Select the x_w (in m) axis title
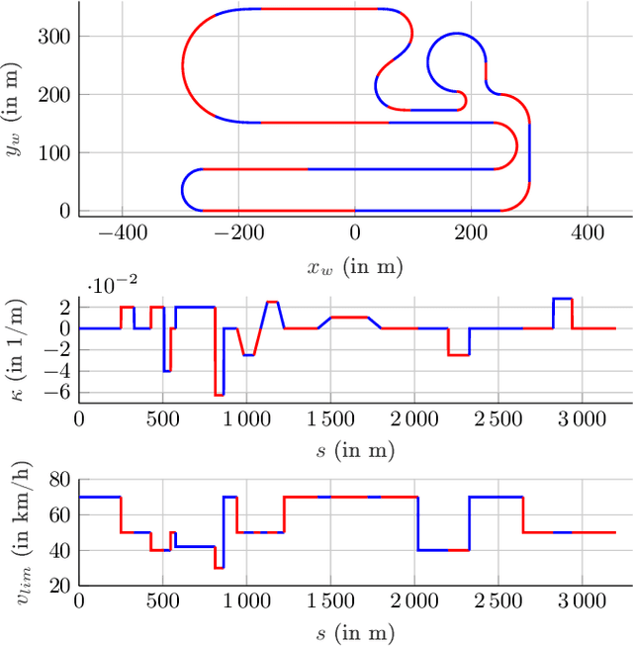(x=355, y=266)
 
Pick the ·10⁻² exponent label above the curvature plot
(x=110, y=286)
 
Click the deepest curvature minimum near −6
(x=219, y=395)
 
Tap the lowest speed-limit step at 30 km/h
(x=219, y=567)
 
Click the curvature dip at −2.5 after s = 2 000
(x=458, y=354)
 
